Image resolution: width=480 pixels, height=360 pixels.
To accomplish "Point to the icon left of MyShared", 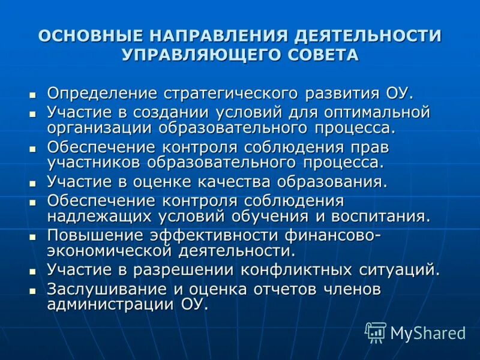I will pyautogui.click(x=376, y=332).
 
